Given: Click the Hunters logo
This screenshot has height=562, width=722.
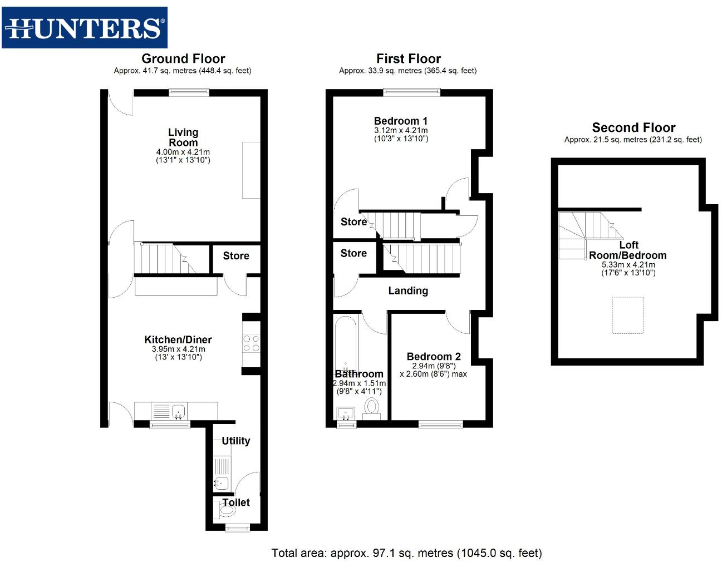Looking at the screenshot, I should click(x=85, y=28).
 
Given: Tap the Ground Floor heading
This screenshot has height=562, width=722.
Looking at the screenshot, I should click(x=183, y=58).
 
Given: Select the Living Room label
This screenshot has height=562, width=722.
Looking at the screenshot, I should click(x=183, y=137).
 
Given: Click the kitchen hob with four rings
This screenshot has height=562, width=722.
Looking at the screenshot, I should click(x=251, y=343).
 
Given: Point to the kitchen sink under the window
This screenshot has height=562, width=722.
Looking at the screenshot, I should click(x=178, y=412).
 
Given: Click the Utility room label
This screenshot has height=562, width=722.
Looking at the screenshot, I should click(x=235, y=441).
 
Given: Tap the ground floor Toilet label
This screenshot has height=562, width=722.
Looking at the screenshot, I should click(x=236, y=502).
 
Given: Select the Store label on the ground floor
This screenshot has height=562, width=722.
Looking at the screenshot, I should click(x=236, y=256).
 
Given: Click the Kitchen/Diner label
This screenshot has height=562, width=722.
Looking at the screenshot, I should click(x=178, y=339).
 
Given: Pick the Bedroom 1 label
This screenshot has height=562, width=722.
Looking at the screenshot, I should click(x=401, y=121).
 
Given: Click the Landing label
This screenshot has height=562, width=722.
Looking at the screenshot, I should click(x=408, y=290).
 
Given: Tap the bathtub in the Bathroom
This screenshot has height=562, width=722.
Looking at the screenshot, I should click(x=346, y=345).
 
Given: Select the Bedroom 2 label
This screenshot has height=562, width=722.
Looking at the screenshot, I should click(x=434, y=356).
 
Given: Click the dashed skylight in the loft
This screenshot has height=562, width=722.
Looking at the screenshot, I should click(x=628, y=315).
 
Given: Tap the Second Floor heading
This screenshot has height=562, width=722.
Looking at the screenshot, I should click(x=633, y=127).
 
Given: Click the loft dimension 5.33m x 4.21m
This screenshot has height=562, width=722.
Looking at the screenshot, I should click(x=628, y=265).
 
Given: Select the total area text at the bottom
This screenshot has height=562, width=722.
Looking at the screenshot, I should click(x=406, y=553).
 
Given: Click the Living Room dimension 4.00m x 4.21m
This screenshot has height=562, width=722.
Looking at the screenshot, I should click(x=183, y=152).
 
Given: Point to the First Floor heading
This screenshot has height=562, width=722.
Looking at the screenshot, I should click(x=408, y=58).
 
